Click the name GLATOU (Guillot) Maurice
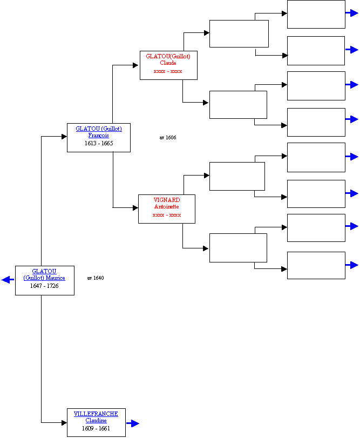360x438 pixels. click(x=44, y=274)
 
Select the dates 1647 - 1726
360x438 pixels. click(x=44, y=286)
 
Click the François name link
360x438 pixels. click(x=99, y=136)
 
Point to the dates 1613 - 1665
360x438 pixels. click(x=99, y=143)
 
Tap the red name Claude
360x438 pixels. click(x=168, y=63)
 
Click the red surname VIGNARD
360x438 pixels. click(x=167, y=200)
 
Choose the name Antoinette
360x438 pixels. click(x=167, y=207)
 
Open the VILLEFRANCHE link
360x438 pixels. click(x=96, y=414)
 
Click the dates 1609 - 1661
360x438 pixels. click(x=96, y=428)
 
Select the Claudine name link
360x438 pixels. click(x=96, y=420)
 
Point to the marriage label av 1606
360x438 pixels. click(x=168, y=137)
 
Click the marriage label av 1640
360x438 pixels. click(x=96, y=278)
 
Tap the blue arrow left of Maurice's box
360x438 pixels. click(x=8, y=280)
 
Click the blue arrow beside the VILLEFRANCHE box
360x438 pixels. click(x=133, y=423)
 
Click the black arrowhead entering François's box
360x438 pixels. click(x=64, y=137)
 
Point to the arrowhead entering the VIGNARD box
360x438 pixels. click(x=135, y=208)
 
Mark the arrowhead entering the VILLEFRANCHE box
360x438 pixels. click(x=64, y=423)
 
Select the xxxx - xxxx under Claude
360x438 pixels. click(x=168, y=71)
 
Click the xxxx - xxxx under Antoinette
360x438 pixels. click(x=167, y=215)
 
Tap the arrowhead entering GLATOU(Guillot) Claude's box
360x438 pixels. click(x=135, y=65)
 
